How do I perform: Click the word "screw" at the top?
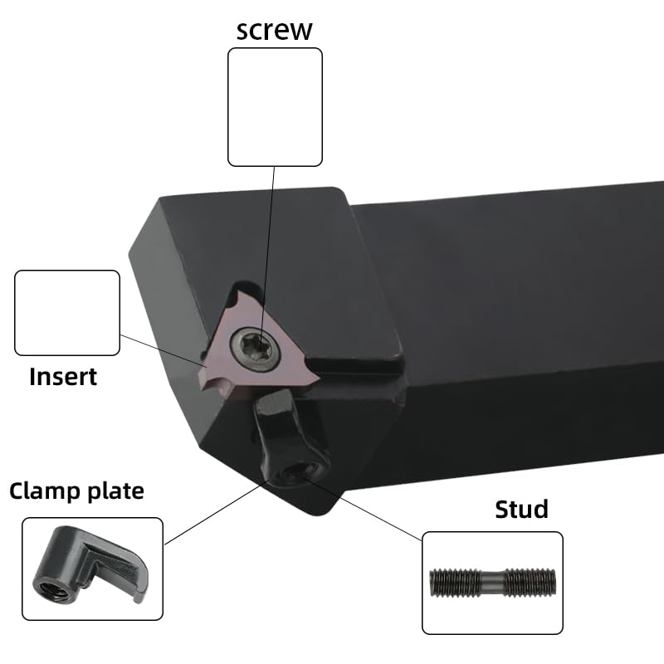coord(275,31)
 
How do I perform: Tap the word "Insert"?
coord(63,377)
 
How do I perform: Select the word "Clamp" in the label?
coord(45,491)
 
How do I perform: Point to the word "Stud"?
coord(521,509)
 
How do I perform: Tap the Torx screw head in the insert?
coord(256,349)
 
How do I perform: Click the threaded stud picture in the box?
coord(492,583)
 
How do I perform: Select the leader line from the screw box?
coord(266,254)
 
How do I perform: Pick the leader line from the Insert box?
coord(163,351)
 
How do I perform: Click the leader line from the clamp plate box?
coord(216,513)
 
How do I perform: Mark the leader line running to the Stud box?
coord(364,509)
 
